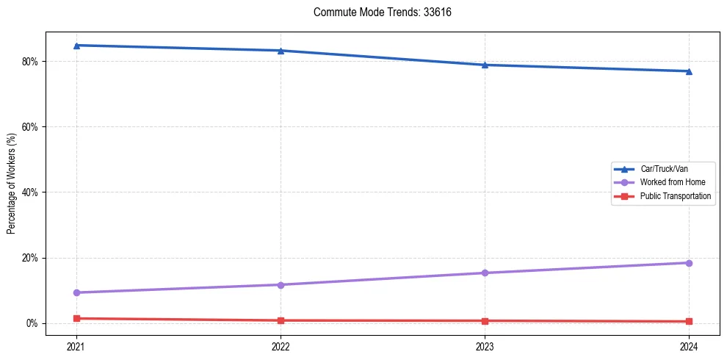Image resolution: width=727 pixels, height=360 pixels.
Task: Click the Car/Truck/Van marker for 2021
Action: (76, 46)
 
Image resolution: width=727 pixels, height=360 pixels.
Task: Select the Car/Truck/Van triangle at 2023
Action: (485, 65)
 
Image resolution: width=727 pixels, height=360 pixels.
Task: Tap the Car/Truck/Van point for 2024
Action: (689, 71)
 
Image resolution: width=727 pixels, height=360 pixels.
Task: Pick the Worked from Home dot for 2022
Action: (281, 285)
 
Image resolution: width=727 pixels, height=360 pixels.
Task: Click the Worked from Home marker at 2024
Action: (689, 263)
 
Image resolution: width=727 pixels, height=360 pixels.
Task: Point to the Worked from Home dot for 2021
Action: (76, 292)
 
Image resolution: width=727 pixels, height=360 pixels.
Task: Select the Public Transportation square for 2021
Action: (76, 318)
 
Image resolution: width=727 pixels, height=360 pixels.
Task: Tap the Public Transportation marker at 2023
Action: (485, 321)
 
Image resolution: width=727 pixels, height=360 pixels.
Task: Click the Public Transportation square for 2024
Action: (689, 322)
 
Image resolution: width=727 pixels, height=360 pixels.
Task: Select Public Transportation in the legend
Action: (675, 196)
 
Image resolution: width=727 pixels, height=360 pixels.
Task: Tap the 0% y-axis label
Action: (32, 323)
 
